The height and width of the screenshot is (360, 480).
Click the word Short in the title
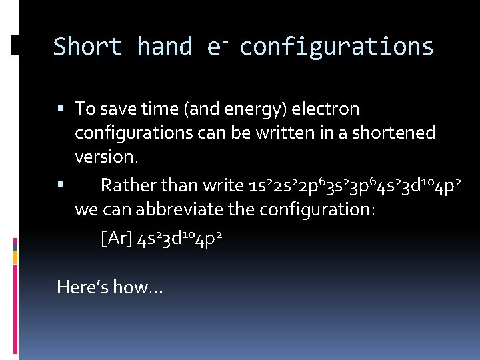pos(87,47)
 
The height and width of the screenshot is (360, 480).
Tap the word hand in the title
pos(165,47)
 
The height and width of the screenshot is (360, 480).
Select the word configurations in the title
pos(337,47)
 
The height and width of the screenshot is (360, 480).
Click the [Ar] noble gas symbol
pos(115,239)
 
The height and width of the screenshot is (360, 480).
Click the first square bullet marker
pos(61,107)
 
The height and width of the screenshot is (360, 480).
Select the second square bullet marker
pos(61,183)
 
